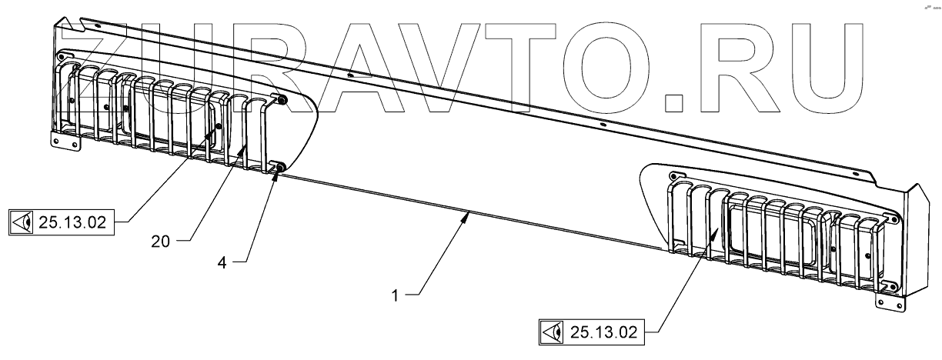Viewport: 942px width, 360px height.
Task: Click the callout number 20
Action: [x=161, y=242]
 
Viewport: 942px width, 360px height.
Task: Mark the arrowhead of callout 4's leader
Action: [x=278, y=172]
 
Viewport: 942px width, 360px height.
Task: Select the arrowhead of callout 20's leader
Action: [x=248, y=146]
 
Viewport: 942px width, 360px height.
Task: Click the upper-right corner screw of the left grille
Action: [x=280, y=101]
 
